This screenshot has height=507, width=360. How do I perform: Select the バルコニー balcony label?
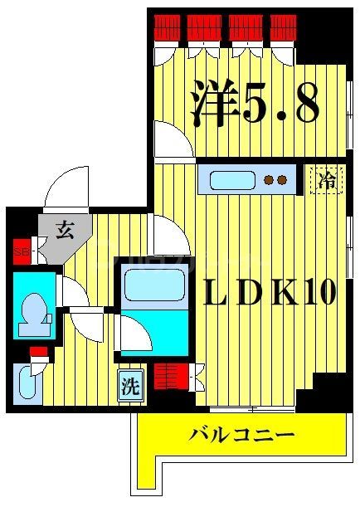click(x=241, y=433)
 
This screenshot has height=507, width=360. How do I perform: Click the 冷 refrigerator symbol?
click(x=328, y=179)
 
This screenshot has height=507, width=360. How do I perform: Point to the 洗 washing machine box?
click(x=129, y=386)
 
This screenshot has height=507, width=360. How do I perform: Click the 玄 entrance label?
click(x=65, y=230)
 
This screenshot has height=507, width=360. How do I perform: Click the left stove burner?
click(x=267, y=178)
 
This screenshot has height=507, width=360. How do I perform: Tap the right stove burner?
click(x=282, y=178)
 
